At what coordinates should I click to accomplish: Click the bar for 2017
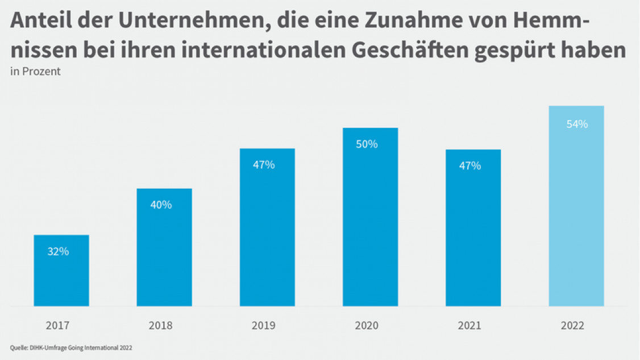point(61,271)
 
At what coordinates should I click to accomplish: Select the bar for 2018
point(164,247)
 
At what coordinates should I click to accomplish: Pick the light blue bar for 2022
point(576,206)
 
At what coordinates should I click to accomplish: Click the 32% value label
point(58,251)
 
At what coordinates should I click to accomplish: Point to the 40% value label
point(161,205)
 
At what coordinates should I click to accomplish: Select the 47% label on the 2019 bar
point(264,165)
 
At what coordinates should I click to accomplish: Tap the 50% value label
point(367,144)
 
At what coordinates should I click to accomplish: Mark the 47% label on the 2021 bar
point(470,166)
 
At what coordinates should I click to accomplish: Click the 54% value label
point(577,124)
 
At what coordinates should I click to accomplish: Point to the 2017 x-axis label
point(57,326)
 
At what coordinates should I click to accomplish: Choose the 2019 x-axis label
point(263,326)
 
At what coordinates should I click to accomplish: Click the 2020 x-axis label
point(367,326)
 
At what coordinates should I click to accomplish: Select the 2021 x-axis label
point(469,326)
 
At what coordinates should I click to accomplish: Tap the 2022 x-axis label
point(572,326)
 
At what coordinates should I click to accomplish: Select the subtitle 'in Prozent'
point(35,72)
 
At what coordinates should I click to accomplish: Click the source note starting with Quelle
point(71,347)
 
